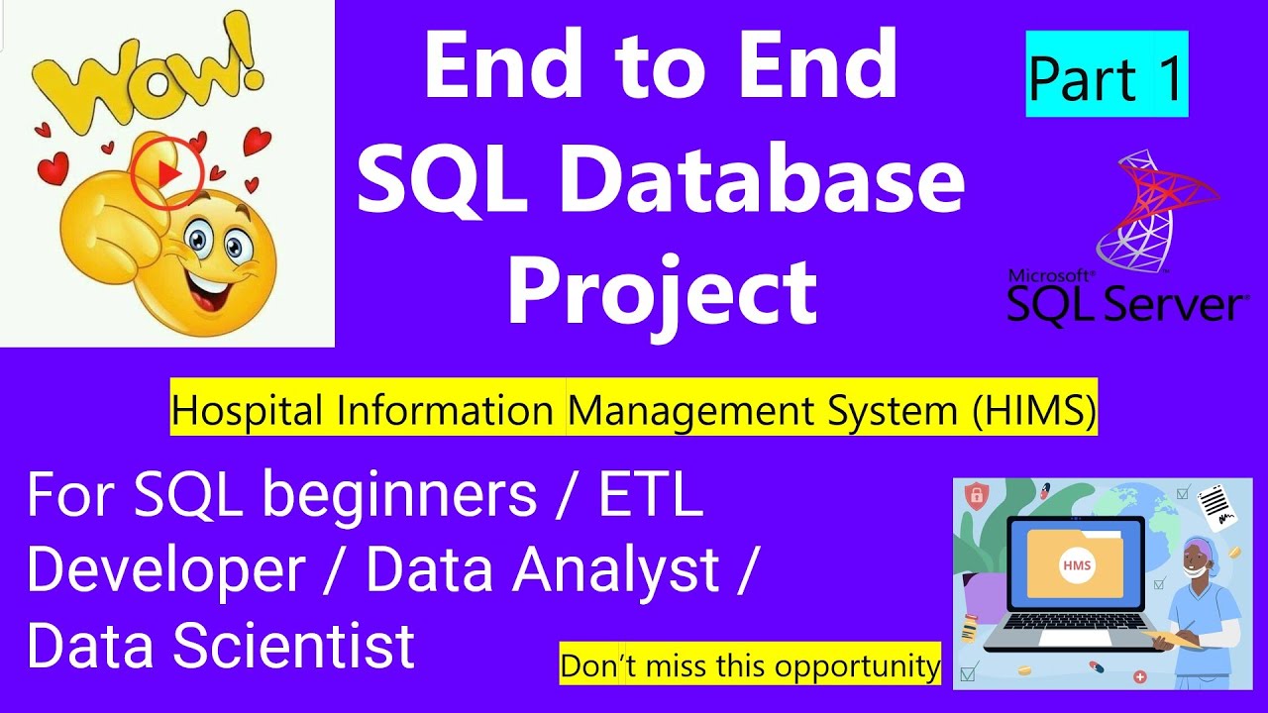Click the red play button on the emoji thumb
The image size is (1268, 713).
click(167, 173)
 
